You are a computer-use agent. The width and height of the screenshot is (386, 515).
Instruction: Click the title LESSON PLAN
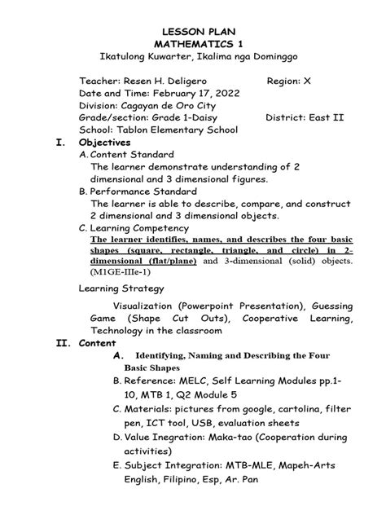coord(193,28)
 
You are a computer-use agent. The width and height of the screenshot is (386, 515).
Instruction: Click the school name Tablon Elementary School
coord(176,130)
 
